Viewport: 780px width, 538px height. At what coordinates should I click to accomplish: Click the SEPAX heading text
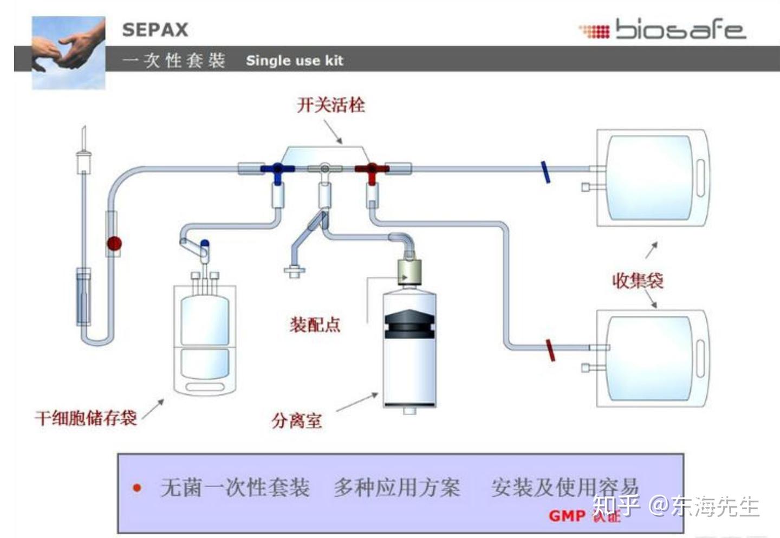pyautogui.click(x=155, y=30)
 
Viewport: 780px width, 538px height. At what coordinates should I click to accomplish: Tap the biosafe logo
pyautogui.click(x=664, y=30)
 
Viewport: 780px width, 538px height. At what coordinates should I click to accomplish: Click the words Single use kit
pyautogui.click(x=294, y=61)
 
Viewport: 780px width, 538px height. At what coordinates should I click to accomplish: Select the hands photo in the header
pyautogui.click(x=68, y=53)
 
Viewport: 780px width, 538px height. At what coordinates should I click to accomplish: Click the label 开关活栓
pyautogui.click(x=330, y=104)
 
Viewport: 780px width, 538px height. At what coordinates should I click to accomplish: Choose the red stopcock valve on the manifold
pyautogui.click(x=372, y=170)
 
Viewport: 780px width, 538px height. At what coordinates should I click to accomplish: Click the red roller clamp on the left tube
pyautogui.click(x=114, y=243)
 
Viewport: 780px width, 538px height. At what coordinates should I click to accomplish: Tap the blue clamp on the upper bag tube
pyautogui.click(x=545, y=172)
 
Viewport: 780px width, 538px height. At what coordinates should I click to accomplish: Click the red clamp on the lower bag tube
pyautogui.click(x=550, y=350)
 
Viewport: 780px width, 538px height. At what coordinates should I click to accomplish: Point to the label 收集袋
pyautogui.click(x=638, y=281)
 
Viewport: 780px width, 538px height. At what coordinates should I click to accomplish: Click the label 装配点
pyautogui.click(x=314, y=324)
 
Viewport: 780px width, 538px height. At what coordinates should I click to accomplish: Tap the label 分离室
pyautogui.click(x=297, y=420)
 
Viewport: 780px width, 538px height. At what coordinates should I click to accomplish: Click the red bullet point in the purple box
pyautogui.click(x=137, y=488)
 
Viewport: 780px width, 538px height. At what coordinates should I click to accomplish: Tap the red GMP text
pyautogui.click(x=567, y=516)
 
